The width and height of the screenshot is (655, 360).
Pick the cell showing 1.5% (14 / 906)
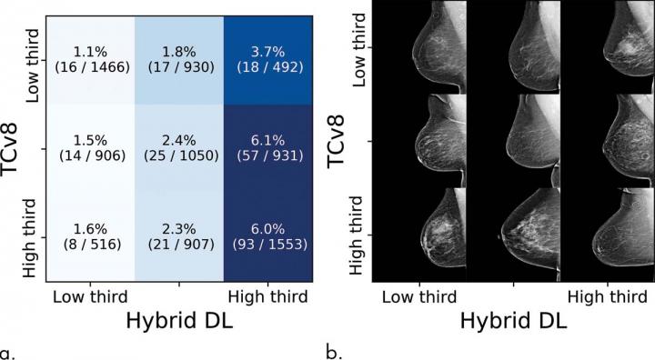coord(89,145)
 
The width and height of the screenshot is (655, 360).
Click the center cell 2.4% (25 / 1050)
coord(179,145)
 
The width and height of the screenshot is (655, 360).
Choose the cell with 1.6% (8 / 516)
coord(89,236)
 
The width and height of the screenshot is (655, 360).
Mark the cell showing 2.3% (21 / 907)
coord(179,236)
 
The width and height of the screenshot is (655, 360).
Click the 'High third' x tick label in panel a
coord(267,297)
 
